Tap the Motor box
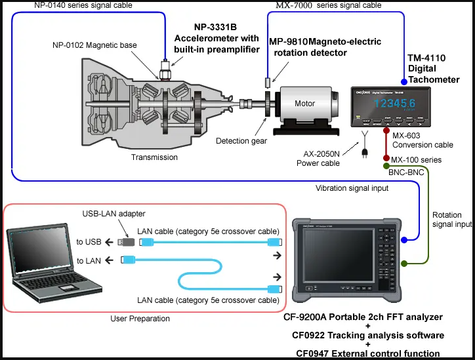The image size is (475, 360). [304, 104]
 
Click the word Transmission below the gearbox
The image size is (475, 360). [154, 157]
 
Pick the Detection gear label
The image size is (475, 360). [241, 141]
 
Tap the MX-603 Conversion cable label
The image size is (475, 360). [413, 140]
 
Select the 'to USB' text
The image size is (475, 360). [89, 242]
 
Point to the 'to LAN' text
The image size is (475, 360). [89, 261]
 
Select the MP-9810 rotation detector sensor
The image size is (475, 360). [268, 83]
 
